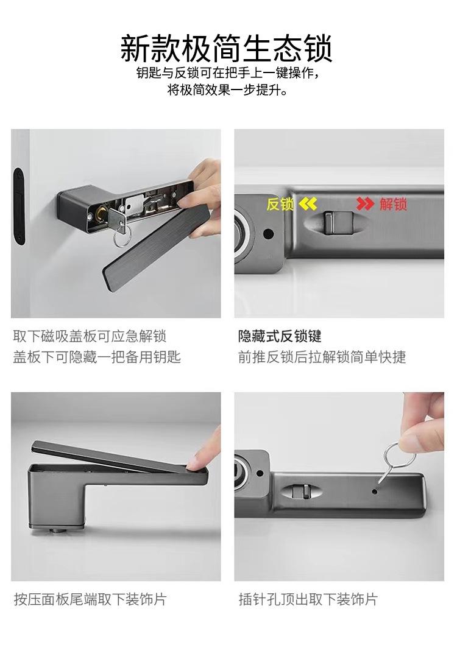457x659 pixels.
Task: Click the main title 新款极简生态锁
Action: (x=227, y=48)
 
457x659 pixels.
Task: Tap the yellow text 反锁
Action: (x=280, y=205)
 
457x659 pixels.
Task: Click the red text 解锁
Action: (x=393, y=204)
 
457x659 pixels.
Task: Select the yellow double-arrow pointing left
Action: (x=308, y=204)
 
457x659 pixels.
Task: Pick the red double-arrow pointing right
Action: (x=365, y=204)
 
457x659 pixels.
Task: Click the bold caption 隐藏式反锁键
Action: (x=280, y=336)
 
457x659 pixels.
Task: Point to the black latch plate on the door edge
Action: (x=19, y=206)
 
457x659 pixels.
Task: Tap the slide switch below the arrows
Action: (x=338, y=221)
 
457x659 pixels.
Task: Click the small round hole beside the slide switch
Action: (x=268, y=233)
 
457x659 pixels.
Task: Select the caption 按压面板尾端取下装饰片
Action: (x=90, y=599)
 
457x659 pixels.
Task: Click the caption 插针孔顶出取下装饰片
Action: (x=308, y=599)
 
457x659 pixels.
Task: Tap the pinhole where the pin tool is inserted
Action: (x=375, y=490)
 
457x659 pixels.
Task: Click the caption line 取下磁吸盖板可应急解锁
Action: (x=90, y=336)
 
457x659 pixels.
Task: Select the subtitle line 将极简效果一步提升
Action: (x=228, y=90)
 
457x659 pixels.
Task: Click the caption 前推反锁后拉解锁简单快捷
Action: (x=322, y=357)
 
